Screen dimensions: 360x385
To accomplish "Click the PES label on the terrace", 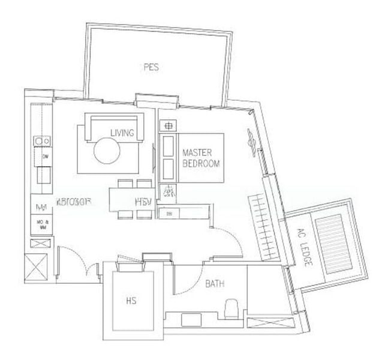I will pos(151,68).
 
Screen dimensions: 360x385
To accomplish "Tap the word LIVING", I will pos(122,132).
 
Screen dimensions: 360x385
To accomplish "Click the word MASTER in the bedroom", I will pos(196,153).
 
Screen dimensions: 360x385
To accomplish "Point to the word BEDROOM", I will pos(200,163).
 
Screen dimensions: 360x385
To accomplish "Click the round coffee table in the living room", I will pos(109,151).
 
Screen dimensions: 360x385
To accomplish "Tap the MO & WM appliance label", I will pos(42,227).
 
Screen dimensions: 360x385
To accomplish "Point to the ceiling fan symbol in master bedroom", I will pos(249,143).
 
